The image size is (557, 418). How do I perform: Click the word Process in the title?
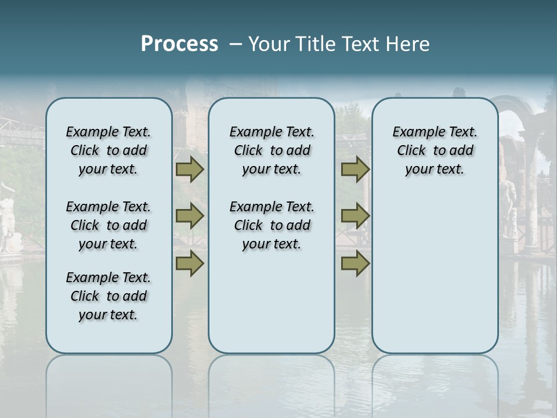[x=179, y=44]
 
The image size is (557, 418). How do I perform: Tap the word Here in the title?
[x=410, y=44]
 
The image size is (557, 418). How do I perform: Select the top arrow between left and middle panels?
[x=190, y=170]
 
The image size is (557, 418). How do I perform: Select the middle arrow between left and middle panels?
[x=190, y=217]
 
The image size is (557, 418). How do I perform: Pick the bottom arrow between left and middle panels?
[x=190, y=264]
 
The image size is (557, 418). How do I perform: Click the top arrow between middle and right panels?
[x=355, y=170]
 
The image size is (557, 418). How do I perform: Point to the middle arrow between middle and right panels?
[x=355, y=217]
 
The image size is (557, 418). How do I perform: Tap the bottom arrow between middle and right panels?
[x=355, y=264]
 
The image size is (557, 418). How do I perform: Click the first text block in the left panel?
[x=108, y=150]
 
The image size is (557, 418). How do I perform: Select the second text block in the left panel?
[x=108, y=225]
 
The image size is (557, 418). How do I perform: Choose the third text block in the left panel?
[x=108, y=296]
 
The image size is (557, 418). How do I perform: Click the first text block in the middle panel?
[x=272, y=150]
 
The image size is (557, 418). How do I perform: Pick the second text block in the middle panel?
[x=272, y=225]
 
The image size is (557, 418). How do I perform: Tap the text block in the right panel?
[x=435, y=150]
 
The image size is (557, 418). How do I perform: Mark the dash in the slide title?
[x=236, y=44]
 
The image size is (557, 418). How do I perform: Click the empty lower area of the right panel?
[x=435, y=273]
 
